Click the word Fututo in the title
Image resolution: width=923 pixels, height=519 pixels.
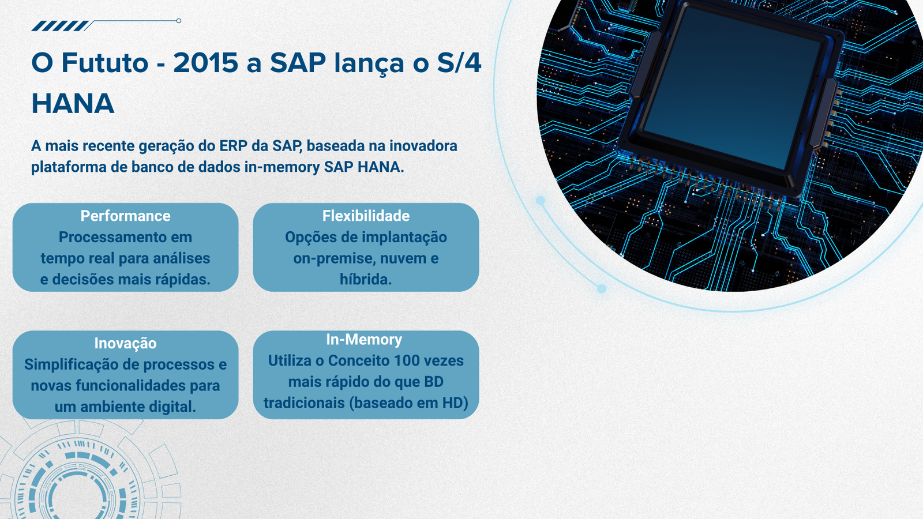click(x=104, y=63)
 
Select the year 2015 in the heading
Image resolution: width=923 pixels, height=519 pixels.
click(x=205, y=63)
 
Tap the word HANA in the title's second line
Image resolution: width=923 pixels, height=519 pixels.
click(x=73, y=103)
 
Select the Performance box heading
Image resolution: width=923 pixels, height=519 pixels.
click(x=125, y=216)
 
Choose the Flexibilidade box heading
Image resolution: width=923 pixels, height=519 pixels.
click(x=366, y=216)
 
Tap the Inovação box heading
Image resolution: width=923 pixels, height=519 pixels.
click(x=125, y=343)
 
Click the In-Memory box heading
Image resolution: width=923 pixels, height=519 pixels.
click(x=364, y=340)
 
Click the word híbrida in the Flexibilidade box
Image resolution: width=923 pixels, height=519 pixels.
click(x=366, y=279)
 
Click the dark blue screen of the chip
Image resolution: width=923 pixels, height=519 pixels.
click(x=731, y=89)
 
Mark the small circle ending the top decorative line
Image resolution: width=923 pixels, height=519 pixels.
click(x=179, y=21)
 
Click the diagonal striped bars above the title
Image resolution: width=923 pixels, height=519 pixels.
click(x=60, y=26)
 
